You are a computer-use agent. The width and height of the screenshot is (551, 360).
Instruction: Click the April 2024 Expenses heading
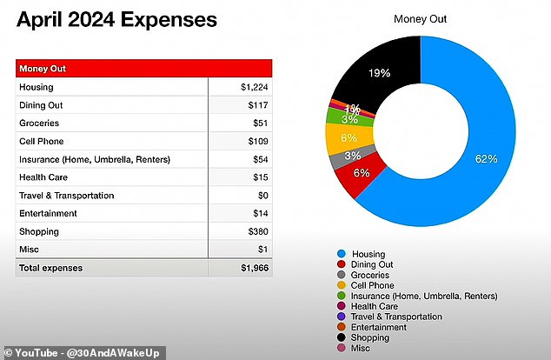pyautogui.click(x=116, y=20)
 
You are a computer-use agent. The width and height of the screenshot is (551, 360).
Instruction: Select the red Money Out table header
pyautogui.click(x=144, y=68)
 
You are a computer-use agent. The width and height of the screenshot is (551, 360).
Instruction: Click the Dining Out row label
pyautogui.click(x=41, y=105)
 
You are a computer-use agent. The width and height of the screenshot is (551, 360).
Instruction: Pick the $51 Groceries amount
pyautogui.click(x=261, y=123)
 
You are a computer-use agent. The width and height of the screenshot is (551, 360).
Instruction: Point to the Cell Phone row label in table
pyautogui.click(x=42, y=142)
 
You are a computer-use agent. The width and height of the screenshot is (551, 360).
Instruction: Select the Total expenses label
pyautogui.click(x=51, y=268)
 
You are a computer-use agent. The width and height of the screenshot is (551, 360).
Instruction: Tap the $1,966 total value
pyautogui.click(x=255, y=268)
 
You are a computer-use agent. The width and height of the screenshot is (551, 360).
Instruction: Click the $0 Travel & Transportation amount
pyautogui.click(x=262, y=195)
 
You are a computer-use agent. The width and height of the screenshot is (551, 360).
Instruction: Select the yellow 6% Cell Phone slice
pyautogui.click(x=349, y=138)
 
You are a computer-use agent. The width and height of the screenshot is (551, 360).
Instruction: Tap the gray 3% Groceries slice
pyautogui.click(x=351, y=157)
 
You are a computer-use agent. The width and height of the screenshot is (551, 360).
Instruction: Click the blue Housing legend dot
pyautogui.click(x=342, y=253)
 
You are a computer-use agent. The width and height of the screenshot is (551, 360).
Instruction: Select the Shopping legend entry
pyautogui.click(x=363, y=337)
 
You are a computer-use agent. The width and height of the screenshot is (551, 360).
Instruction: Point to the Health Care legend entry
pyautogui.click(x=368, y=306)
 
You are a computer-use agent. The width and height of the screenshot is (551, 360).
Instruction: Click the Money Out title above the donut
pyautogui.click(x=421, y=19)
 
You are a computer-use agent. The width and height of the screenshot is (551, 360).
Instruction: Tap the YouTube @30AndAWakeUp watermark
pyautogui.click(x=83, y=353)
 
